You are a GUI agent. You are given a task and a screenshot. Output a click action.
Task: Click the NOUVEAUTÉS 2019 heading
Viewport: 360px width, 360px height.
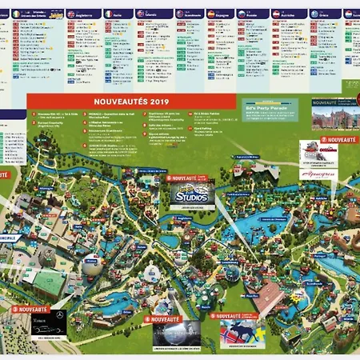tap(131, 102)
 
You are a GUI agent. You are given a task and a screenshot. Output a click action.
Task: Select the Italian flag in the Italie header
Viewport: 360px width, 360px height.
tap(108, 14)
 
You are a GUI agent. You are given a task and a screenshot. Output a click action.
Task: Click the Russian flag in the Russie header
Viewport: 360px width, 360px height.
tap(242, 14)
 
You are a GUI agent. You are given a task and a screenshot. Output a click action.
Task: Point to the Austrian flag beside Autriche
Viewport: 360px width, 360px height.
tap(276, 14)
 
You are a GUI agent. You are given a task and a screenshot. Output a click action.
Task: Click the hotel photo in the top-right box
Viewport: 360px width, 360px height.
tap(334, 118)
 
